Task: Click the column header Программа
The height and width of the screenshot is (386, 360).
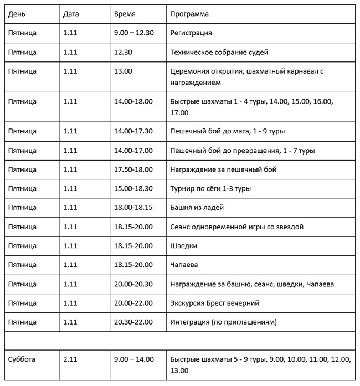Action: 189,13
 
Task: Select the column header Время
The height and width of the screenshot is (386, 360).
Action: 124,13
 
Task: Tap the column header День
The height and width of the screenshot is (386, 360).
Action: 17,13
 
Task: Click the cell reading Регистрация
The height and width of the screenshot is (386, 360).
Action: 191,33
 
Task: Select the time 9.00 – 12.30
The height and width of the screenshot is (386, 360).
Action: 133,33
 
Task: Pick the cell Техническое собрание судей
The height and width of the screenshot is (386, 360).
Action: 219,53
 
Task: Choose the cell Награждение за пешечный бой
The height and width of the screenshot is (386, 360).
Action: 223,169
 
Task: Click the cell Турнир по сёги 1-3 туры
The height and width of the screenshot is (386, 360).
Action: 211,189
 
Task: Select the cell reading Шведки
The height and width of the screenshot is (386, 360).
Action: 184,246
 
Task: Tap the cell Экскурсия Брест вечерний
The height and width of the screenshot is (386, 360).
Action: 215,303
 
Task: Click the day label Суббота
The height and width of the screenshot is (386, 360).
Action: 22,359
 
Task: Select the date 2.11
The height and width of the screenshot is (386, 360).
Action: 70,359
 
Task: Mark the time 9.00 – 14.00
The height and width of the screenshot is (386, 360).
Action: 133,359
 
